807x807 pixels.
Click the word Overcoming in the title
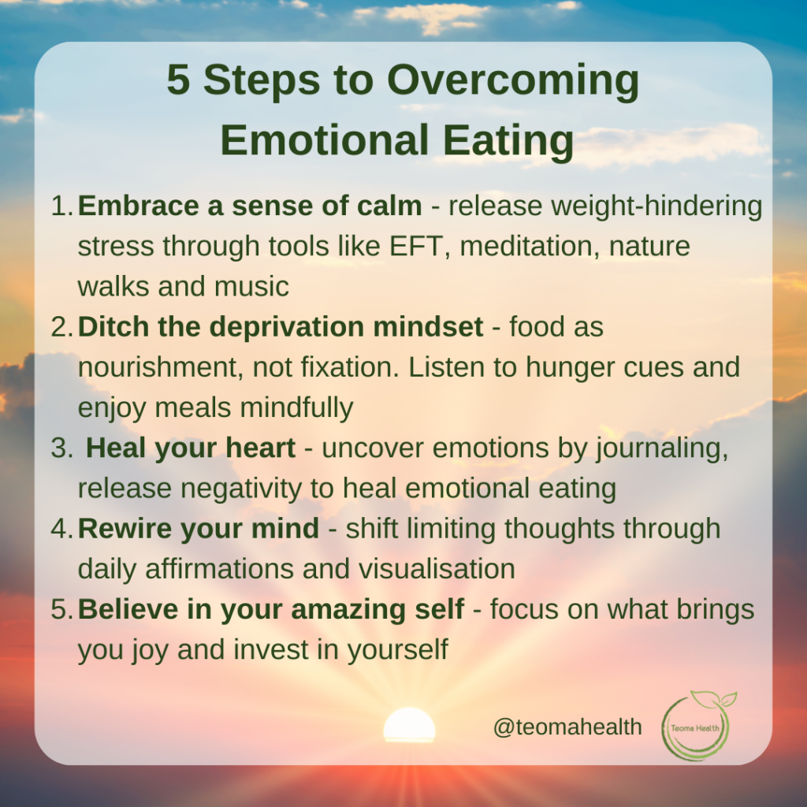[513, 81]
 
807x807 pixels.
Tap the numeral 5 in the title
[179, 80]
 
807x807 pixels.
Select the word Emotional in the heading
[324, 140]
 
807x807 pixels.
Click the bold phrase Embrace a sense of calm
[250, 206]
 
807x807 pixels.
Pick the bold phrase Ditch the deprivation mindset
[281, 327]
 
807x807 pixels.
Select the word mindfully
[297, 407]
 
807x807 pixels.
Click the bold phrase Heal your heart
[191, 448]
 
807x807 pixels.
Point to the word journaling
[662, 448]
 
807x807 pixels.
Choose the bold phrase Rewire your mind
[198, 529]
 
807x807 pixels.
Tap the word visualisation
[437, 569]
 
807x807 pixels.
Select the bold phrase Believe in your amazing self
[271, 609]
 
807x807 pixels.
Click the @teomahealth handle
[567, 727]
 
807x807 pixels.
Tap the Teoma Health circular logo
[698, 725]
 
